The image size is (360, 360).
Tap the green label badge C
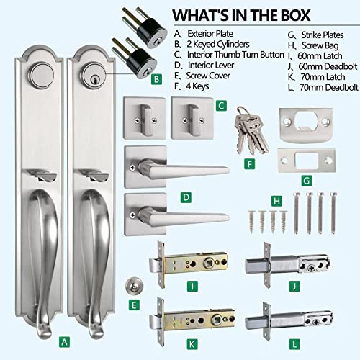pyautogui.click(x=222, y=105)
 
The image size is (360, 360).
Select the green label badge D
pyautogui.click(x=186, y=195)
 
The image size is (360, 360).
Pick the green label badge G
pyautogui.click(x=305, y=180)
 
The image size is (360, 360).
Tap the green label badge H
pyautogui.click(x=275, y=199)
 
